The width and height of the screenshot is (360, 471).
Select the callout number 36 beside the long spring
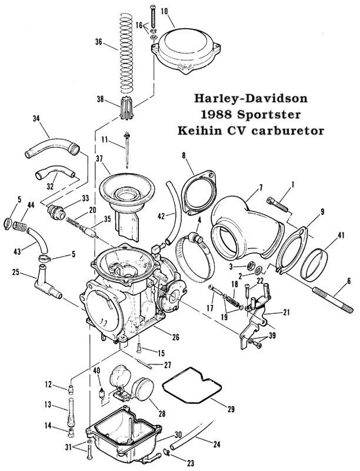99,42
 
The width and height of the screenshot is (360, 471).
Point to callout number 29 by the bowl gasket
231,409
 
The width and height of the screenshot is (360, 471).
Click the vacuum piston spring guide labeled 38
125,108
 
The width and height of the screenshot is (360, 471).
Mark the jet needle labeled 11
128,150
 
